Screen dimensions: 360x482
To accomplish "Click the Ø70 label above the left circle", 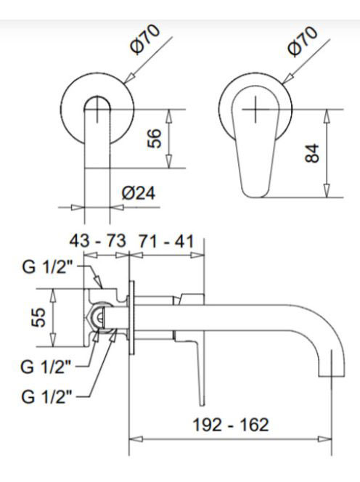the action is [145, 39].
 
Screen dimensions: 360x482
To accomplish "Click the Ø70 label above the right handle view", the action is [303, 41].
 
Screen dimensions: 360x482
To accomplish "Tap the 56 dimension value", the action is [155, 139].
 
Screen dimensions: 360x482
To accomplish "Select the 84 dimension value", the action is [312, 153].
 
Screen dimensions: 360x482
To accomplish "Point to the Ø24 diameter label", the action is [139, 193].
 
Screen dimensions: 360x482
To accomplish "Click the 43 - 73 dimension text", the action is [98, 241].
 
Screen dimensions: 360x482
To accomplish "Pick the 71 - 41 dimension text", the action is [166, 241].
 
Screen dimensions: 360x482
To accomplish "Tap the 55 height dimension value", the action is [38, 317].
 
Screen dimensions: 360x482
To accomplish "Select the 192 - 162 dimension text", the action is [231, 425].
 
